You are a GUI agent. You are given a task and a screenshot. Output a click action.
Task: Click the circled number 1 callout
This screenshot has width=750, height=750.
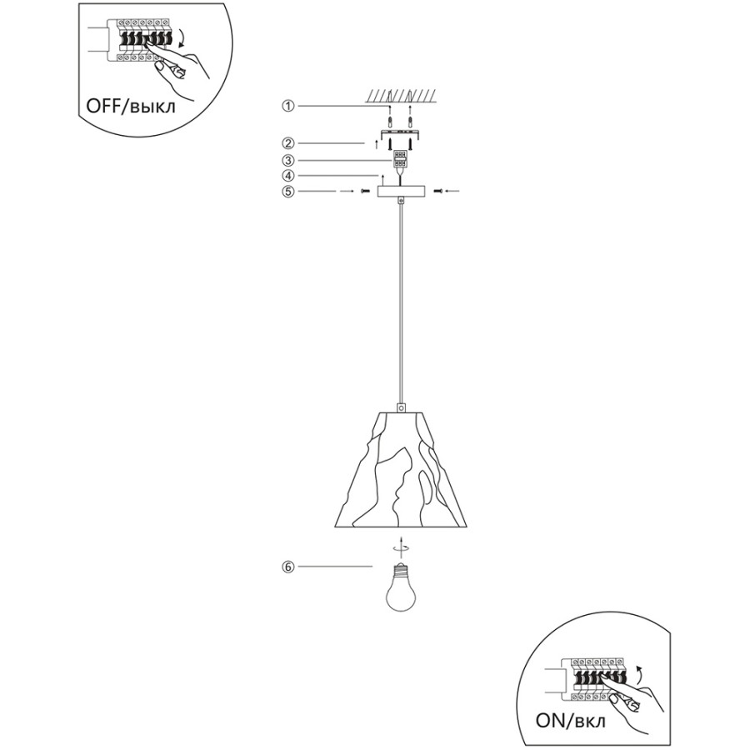click(287, 106)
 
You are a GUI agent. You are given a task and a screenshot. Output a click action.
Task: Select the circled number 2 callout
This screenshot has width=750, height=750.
click(287, 143)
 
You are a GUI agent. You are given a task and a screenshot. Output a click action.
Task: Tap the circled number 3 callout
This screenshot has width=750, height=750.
click(287, 161)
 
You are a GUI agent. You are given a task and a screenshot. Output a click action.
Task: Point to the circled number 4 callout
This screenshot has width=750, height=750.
click(287, 176)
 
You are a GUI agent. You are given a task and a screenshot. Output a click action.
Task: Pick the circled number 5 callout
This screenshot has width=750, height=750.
click(287, 192)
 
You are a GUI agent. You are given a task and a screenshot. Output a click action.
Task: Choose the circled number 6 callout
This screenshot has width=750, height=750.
click(287, 567)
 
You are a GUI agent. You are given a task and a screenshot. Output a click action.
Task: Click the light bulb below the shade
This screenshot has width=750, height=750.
click(400, 587)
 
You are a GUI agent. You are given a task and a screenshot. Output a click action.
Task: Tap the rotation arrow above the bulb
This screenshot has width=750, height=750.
click(400, 548)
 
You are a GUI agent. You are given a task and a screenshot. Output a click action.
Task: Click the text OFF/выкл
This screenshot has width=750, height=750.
click(131, 106)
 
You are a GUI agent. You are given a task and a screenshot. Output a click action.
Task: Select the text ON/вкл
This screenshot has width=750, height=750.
click(570, 722)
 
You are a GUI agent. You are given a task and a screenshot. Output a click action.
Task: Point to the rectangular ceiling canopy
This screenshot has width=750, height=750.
click(400, 192)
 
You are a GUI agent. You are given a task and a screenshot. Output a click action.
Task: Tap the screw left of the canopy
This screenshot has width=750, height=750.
click(365, 192)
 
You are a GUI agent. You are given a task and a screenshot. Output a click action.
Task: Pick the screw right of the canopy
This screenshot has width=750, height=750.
click(437, 192)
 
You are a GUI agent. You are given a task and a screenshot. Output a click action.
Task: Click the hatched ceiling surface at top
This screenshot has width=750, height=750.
click(400, 96)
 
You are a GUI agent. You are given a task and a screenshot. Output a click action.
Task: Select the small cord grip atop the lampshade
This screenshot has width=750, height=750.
click(401, 408)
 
